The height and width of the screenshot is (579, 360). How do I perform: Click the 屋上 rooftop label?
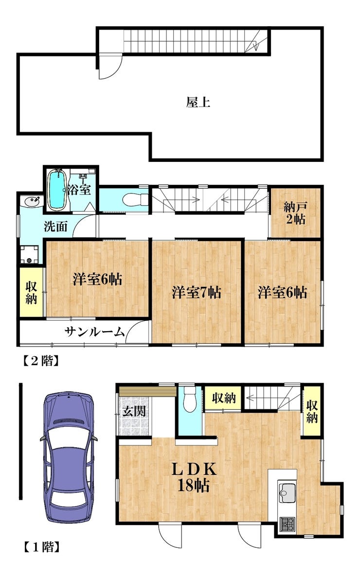[198, 102]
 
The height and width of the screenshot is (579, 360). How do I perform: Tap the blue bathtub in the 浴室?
[57, 190]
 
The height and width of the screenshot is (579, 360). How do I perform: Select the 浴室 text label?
[79, 190]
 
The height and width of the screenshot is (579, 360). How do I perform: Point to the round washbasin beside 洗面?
[32, 202]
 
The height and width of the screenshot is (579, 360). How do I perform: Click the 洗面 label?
[55, 226]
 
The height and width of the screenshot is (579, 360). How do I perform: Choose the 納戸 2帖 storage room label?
[295, 213]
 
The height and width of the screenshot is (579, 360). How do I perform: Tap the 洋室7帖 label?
[196, 293]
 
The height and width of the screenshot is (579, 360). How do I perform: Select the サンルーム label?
[94, 332]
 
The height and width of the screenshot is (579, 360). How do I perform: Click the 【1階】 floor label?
[41, 546]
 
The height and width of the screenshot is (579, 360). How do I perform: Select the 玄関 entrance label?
[134, 411]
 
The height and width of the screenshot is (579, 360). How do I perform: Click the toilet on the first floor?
[190, 399]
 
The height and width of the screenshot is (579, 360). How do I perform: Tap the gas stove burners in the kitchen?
[287, 524]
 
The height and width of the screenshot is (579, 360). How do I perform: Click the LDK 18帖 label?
[194, 477]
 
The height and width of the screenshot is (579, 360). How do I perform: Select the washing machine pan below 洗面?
[30, 255]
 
